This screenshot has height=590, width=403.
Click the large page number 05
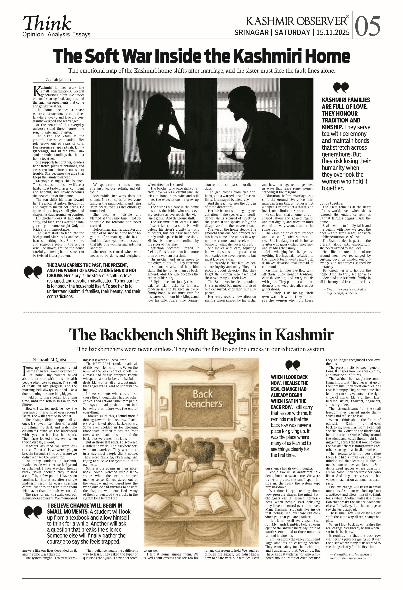[367, 26]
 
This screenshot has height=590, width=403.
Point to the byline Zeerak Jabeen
[58, 80]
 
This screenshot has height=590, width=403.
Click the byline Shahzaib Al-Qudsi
[50, 360]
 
